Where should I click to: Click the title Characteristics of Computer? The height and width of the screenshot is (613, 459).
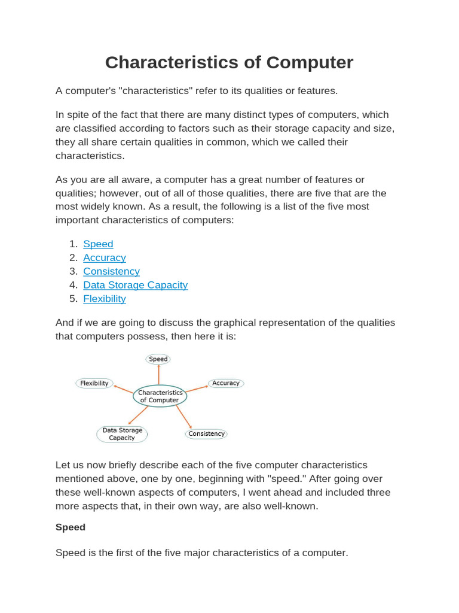click(229, 62)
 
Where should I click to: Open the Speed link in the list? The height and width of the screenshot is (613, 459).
click(98, 244)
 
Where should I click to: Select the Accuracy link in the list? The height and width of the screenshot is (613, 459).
click(105, 258)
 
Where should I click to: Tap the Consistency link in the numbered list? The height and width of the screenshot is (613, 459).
click(111, 272)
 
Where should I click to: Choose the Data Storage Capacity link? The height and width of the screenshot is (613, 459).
click(135, 286)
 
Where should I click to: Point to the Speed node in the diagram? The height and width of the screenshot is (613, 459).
click(158, 359)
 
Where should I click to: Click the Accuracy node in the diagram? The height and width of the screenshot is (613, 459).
click(226, 383)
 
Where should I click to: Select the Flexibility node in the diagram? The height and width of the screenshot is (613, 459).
click(94, 383)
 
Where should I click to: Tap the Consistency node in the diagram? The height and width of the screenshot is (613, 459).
click(206, 434)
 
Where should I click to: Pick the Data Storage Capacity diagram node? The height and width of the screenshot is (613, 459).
click(122, 434)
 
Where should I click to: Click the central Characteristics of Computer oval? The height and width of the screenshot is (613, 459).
click(160, 396)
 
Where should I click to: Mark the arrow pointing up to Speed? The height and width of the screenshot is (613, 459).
click(158, 375)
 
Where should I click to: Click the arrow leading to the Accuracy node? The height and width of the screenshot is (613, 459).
click(197, 389)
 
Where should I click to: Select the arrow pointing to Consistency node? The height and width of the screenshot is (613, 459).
click(183, 417)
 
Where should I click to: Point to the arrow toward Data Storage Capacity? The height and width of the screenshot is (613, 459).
click(139, 415)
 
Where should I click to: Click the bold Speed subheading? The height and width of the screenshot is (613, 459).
click(71, 527)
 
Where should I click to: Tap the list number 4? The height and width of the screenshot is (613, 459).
click(74, 286)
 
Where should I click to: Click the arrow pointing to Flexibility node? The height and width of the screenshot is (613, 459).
click(124, 390)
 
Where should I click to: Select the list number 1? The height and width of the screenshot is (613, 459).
click(74, 244)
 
